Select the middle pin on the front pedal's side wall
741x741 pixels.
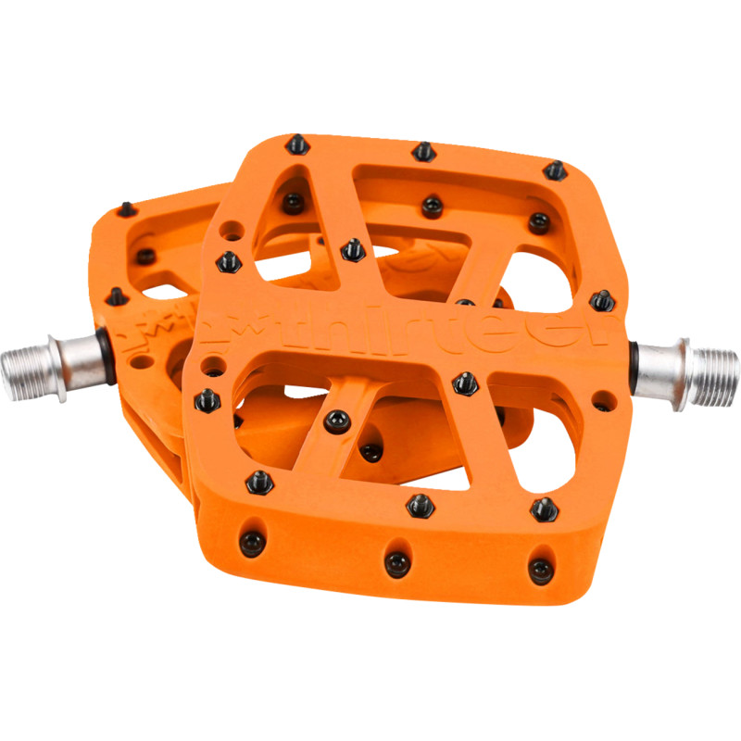tap(396, 560)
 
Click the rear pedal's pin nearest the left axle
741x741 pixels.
tap(115, 295)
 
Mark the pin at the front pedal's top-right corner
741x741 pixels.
tap(554, 170)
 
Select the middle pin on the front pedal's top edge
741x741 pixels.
tap(422, 150)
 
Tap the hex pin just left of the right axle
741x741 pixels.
tap(600, 299)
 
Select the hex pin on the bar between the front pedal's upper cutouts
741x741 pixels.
tap(351, 248)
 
